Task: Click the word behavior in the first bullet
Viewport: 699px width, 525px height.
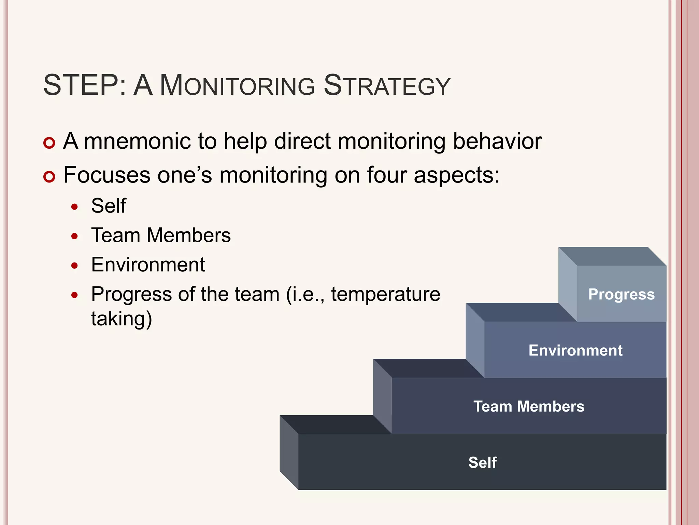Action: (497, 141)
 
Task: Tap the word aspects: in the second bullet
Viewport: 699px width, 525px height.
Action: (456, 175)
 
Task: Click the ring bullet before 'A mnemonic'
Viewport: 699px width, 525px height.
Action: (49, 143)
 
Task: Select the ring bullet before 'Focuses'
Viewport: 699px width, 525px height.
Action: (49, 177)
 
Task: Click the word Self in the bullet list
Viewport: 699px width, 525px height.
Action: (109, 206)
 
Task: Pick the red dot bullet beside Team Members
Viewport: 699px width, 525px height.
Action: (75, 236)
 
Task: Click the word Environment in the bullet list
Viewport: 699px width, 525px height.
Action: (148, 265)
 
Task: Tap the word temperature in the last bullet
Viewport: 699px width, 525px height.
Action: (385, 294)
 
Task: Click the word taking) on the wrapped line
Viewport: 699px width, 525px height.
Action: (122, 319)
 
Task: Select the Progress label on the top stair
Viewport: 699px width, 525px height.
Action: (621, 294)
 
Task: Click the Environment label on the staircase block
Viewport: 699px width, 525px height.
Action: (575, 350)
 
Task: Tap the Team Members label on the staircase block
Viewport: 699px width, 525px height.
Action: (529, 406)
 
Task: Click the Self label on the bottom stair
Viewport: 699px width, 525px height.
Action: (482, 462)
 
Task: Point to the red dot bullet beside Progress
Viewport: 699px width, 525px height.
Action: (75, 295)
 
